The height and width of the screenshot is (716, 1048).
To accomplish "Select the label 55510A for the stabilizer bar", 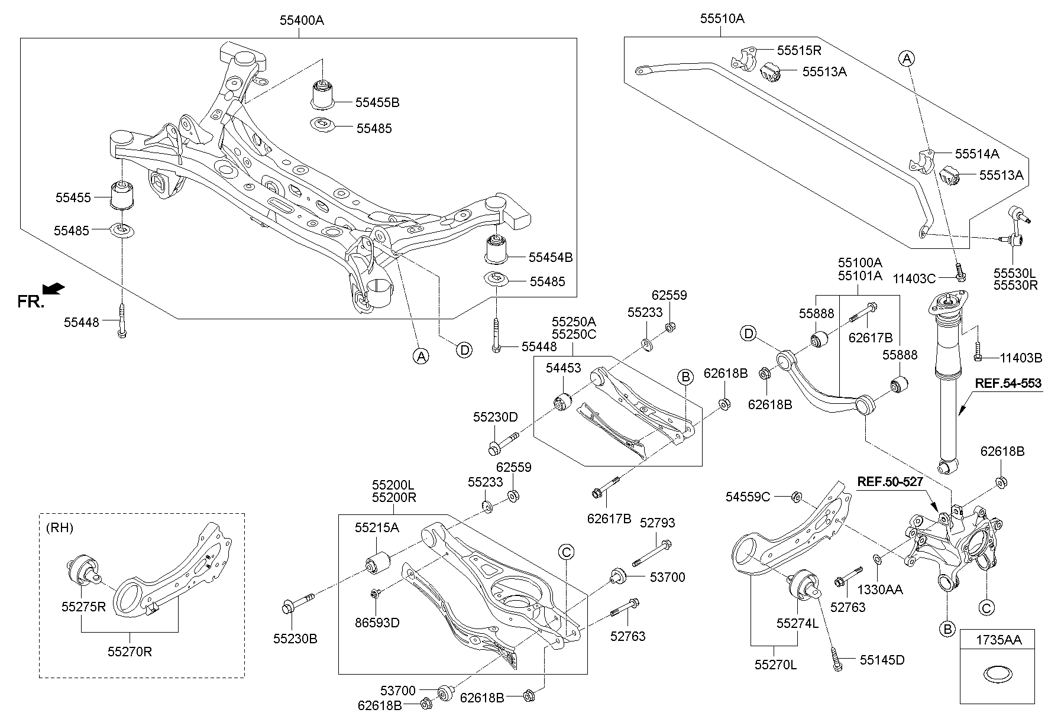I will (x=722, y=19).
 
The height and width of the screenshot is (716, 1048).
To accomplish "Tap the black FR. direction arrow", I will (x=54, y=289).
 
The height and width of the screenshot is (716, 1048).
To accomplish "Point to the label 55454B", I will (x=550, y=257).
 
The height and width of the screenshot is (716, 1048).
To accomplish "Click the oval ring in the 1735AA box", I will (x=997, y=673).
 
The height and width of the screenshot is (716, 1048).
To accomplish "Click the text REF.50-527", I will (x=889, y=482).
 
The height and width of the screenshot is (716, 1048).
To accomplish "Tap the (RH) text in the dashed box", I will (x=59, y=528).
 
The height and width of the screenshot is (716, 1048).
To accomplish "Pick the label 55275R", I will (x=83, y=606).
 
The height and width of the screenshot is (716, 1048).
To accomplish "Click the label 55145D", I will (x=882, y=660).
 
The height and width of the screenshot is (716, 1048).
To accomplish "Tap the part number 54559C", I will (x=748, y=497).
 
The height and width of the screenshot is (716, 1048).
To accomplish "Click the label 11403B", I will (x=1021, y=358).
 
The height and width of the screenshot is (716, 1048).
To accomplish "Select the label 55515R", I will (x=799, y=51).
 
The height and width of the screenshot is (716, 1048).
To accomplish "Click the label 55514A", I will (x=977, y=154).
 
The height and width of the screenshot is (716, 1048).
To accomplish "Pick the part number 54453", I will (x=564, y=368).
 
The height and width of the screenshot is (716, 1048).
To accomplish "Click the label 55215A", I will (x=377, y=527).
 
